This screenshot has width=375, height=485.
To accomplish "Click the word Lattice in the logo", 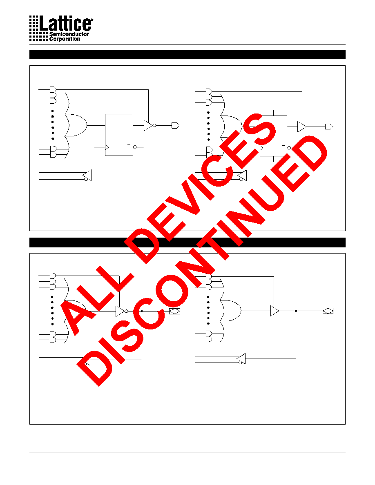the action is [66, 23].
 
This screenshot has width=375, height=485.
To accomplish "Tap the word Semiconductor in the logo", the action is [69, 34].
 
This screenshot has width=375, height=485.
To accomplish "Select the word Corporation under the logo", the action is [65, 39].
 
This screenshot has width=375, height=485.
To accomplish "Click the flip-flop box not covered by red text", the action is [119, 135].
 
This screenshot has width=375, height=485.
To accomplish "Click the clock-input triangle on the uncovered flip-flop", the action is [107, 147].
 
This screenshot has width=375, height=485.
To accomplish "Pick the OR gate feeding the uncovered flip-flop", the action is [76, 125].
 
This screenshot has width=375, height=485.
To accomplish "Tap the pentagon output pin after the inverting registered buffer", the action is [176, 126].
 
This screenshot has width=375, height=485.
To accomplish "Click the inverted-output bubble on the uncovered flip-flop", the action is [134, 147].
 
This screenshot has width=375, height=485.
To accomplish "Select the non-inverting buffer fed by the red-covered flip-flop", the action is [301, 127].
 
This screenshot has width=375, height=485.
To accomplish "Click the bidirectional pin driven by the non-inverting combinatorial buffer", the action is [328, 311].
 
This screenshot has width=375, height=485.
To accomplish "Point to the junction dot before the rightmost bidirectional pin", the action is [296, 311].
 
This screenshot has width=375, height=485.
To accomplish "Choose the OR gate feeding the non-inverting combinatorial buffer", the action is [230, 311].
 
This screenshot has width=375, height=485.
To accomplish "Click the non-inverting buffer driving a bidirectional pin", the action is [275, 311].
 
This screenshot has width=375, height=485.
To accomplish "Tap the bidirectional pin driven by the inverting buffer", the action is [174, 311].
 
